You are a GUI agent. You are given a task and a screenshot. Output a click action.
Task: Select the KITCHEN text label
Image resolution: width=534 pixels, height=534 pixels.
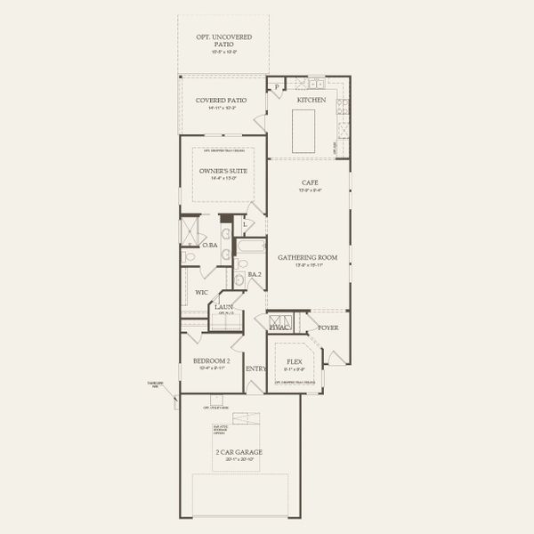(x=311, y=101)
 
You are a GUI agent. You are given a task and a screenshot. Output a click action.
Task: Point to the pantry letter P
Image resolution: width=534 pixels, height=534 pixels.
(x=277, y=86)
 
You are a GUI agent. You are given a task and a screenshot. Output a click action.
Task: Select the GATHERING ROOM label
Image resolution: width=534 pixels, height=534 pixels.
(x=308, y=257)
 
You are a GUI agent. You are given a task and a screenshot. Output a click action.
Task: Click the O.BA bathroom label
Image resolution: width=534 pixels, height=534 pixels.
(x=210, y=246)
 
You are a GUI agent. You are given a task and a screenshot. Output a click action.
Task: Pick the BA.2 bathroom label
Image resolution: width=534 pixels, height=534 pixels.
(x=254, y=275)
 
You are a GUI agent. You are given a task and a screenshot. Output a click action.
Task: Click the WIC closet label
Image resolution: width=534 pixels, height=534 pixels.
(x=202, y=291)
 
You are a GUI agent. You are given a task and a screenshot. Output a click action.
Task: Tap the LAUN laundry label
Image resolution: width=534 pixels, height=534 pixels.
(x=223, y=307)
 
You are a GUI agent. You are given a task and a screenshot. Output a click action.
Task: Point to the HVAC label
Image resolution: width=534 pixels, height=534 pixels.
(x=280, y=328)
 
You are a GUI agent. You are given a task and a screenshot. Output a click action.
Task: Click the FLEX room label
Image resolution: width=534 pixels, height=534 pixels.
(x=295, y=362)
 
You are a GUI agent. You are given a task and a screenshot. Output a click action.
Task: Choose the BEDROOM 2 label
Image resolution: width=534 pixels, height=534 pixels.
(x=212, y=360)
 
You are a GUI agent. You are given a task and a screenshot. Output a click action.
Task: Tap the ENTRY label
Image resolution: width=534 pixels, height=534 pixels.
(x=255, y=368)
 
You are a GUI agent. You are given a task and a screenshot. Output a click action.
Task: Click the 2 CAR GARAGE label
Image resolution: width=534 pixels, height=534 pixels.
(x=239, y=452)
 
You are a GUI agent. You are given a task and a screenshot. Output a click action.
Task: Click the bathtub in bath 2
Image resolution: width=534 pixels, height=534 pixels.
(x=250, y=247)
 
